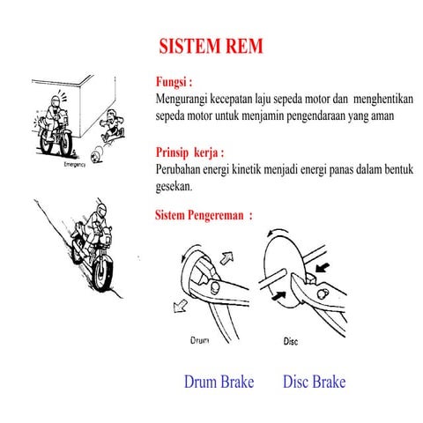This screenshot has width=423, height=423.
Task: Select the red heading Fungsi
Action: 174,82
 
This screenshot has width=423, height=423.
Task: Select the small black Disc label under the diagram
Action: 293,341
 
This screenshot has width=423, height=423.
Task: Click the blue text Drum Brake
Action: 219,382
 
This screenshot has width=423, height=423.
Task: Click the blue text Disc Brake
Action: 314,382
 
